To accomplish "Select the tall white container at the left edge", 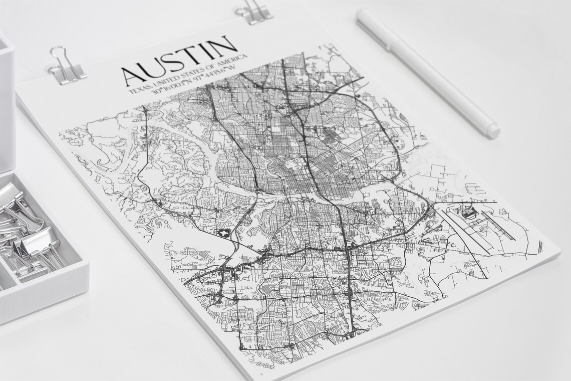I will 6,100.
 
